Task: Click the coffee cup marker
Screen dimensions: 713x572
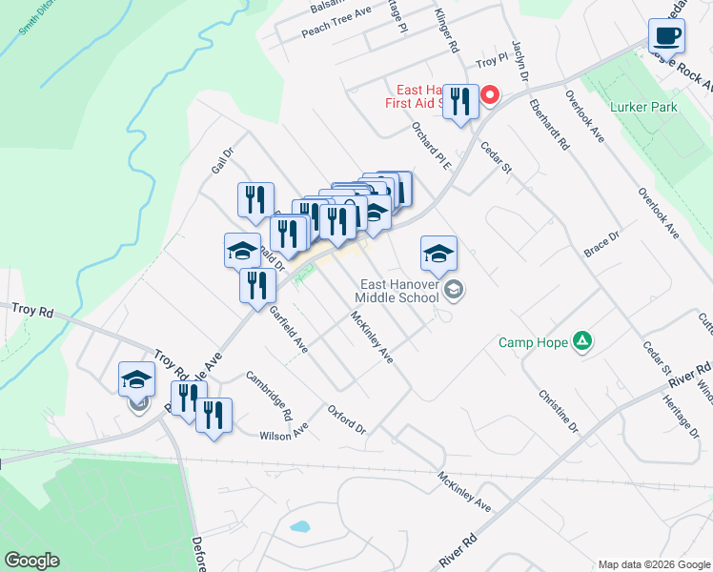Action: coord(667,36)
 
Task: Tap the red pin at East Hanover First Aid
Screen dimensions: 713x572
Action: coord(490,94)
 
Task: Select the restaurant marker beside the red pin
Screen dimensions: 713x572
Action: coord(460,101)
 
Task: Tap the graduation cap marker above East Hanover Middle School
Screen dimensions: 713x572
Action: coord(438,254)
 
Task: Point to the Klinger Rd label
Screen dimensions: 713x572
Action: coord(446,31)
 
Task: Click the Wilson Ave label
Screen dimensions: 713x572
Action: coord(283,434)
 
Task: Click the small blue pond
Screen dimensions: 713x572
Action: coord(300,526)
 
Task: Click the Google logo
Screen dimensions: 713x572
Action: coord(31,561)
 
